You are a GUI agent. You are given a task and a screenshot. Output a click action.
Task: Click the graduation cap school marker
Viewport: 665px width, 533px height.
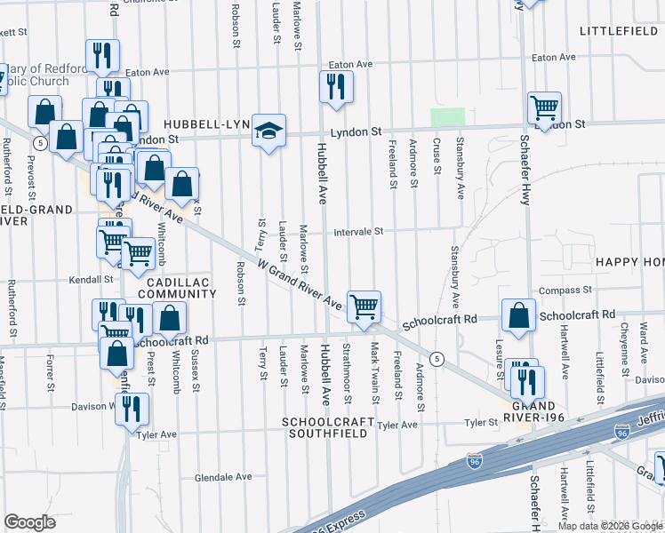pyautogui.click(x=268, y=131)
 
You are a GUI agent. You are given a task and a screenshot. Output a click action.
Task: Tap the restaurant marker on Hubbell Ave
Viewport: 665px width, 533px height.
pyautogui.click(x=336, y=87)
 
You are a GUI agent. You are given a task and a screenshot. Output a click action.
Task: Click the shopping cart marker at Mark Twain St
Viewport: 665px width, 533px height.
pyautogui.click(x=364, y=308)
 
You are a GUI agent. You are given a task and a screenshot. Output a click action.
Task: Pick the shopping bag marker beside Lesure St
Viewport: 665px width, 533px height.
pyautogui.click(x=518, y=315)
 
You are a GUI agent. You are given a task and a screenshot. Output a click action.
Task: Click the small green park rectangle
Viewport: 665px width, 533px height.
pyautogui.click(x=448, y=117)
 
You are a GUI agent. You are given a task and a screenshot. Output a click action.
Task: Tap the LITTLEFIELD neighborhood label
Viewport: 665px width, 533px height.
pyautogui.click(x=618, y=31)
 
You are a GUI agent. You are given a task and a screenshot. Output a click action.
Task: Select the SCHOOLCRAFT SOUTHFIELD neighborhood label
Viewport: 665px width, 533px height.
pyautogui.click(x=324, y=427)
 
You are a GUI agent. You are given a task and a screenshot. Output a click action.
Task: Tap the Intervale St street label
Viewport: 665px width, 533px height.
pyautogui.click(x=358, y=232)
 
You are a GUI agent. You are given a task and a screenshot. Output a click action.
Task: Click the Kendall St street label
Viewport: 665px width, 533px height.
pyautogui.click(x=94, y=280)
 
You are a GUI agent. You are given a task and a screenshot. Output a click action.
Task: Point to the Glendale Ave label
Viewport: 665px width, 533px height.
pyautogui.click(x=223, y=477)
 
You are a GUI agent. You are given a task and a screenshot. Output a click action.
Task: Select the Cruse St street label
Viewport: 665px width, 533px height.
pyautogui.click(x=437, y=156)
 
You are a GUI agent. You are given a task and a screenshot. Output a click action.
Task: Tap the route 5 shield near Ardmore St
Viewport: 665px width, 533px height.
pyautogui.click(x=437, y=358)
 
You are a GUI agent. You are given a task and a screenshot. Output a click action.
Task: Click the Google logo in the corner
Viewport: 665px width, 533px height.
pyautogui.click(x=29, y=522)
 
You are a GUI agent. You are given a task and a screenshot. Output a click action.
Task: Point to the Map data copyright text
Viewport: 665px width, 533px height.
pyautogui.click(x=610, y=526)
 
